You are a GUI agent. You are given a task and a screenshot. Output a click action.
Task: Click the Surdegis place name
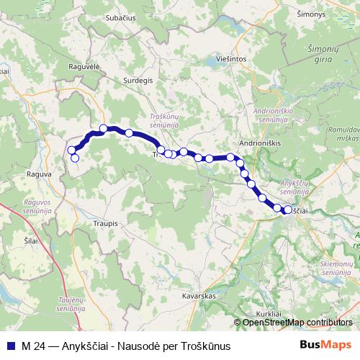coord(138,81)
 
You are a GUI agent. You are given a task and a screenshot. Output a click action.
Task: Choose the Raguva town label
coord(38,174)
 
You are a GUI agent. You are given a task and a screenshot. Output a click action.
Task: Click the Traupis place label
coord(105,224)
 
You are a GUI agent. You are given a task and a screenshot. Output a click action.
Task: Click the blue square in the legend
coord(10,346)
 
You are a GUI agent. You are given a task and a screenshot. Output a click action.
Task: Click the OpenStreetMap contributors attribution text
coord(297,322)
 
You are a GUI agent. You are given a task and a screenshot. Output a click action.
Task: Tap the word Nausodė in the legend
coord(134,346)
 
